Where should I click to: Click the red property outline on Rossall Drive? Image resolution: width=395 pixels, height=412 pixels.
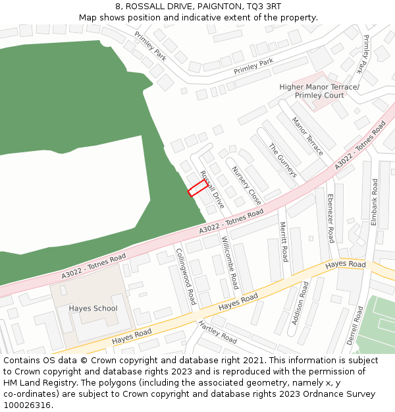[x=197, y=189]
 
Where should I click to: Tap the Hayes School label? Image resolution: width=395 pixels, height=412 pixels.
[x=93, y=309]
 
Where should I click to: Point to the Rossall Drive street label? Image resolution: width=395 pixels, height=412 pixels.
[x=211, y=190]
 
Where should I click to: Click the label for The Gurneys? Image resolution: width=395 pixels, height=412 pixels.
[x=283, y=161]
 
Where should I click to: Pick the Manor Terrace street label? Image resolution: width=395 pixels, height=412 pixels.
[x=307, y=137]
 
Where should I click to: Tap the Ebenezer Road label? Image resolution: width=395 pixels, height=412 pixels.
[x=330, y=218]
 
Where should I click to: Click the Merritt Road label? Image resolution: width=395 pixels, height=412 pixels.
[x=284, y=241]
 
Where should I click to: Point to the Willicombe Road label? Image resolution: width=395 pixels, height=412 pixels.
[x=230, y=262]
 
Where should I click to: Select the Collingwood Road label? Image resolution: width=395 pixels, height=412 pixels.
[x=185, y=276]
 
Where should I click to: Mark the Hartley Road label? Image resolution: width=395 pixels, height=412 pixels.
[x=217, y=332]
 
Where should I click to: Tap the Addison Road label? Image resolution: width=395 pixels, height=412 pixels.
[x=300, y=303]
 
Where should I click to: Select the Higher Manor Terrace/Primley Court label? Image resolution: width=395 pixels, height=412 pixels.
[x=319, y=91]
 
